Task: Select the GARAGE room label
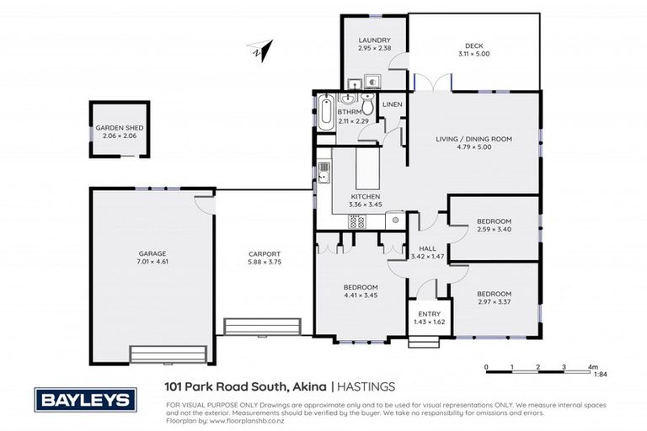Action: (x=152, y=253)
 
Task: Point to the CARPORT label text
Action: (x=264, y=253)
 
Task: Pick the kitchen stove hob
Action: (x=356, y=222)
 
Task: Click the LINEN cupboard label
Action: (x=393, y=104)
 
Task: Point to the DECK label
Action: (x=473, y=46)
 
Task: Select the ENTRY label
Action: (x=429, y=314)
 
